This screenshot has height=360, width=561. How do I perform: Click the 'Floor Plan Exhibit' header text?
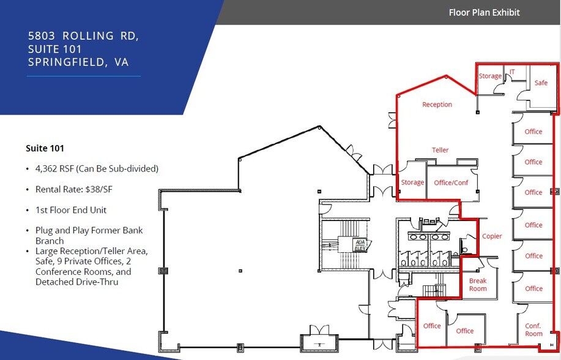pos(484,12)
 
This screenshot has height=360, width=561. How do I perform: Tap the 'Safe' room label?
pos(541,83)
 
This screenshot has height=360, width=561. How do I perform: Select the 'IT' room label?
pos(512,72)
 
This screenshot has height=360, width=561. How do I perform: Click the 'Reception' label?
pos(437,105)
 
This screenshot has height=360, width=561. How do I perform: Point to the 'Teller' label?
pos(440,150)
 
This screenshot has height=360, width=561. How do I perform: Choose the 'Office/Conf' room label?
pos(451,182)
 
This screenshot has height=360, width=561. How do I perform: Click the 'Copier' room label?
pos(492,236)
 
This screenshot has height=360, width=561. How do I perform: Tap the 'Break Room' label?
pos(478,285)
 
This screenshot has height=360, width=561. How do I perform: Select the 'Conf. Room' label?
pos(533,330)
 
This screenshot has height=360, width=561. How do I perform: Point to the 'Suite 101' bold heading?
pos(45,148)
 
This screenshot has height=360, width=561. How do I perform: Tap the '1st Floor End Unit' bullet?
pos(71,210)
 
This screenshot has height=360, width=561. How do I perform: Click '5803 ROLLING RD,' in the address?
pos(83,36)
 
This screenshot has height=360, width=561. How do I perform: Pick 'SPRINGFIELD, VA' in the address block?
pos(78,62)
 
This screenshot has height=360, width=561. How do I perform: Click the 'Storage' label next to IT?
pos(489,77)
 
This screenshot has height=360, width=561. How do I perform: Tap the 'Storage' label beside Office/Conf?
pos(412,182)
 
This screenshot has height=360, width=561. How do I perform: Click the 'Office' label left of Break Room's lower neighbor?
pos(432,326)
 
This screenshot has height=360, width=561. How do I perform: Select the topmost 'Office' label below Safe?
pos(533,132)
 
